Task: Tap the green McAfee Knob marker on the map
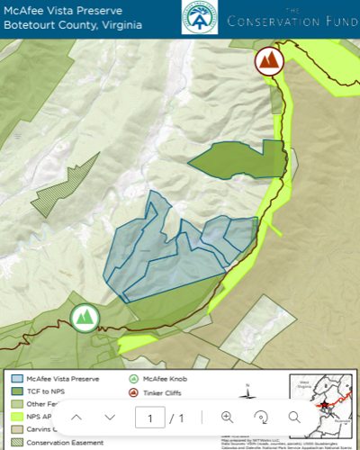(x=84, y=317)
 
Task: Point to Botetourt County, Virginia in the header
(x=72, y=25)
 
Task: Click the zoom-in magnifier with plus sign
(x=227, y=417)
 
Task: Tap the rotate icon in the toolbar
(x=261, y=417)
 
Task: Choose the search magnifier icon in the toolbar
(x=294, y=417)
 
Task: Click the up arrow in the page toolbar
(x=76, y=417)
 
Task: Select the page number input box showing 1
(x=150, y=418)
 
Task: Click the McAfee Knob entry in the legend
(x=161, y=379)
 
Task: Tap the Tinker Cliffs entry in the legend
(x=162, y=391)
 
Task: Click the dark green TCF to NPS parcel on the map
(x=238, y=159)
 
